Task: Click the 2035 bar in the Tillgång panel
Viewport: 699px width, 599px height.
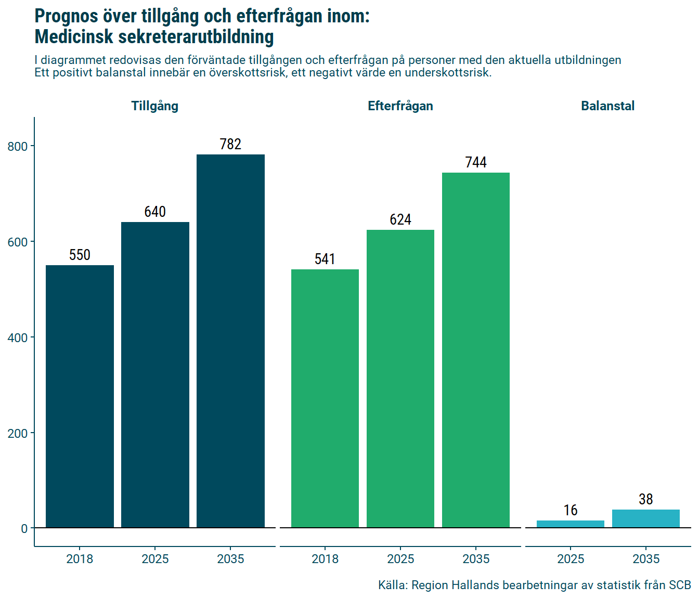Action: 230,341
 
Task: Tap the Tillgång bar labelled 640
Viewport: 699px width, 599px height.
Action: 155,374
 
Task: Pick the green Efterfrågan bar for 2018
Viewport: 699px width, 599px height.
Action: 325,398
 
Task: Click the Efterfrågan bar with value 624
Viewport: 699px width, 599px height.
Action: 400,379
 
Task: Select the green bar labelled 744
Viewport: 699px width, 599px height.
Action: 476,350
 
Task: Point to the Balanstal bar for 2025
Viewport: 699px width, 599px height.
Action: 571,524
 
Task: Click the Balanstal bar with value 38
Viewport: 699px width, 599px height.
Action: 646,518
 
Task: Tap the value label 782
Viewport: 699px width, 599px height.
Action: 230,144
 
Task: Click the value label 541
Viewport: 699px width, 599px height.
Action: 325,259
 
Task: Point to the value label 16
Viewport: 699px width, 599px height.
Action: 571,510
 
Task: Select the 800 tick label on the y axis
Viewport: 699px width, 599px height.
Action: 18,147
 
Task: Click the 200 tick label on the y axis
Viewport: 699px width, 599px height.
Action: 18,433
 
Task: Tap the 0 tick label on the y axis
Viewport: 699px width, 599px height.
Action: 24,529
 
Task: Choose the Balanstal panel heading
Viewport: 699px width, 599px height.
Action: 607,106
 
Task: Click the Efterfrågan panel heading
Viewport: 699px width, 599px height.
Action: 400,106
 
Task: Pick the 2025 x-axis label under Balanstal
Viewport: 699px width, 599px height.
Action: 571,559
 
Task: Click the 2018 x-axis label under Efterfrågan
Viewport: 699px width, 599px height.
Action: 325,559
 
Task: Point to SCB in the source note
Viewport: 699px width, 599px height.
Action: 680,585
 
